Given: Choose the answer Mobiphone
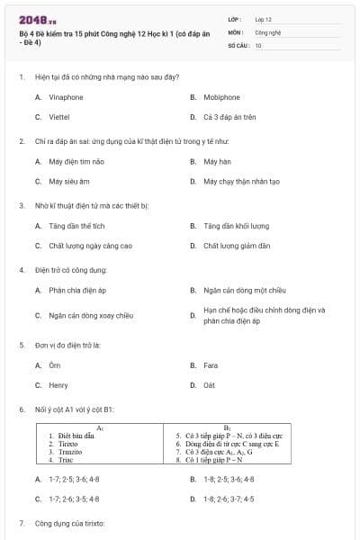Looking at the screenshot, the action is click(220, 96).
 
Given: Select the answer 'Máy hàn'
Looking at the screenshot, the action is click(217, 161).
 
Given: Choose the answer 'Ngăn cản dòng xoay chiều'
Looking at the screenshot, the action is click(91, 316).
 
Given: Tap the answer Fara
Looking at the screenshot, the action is click(211, 365).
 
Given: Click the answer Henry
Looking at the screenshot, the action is click(58, 386).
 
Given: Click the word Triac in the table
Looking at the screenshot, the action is click(64, 460).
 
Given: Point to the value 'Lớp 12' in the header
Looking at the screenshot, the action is click(263, 18).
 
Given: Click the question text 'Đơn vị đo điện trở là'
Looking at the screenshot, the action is click(73, 345).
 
